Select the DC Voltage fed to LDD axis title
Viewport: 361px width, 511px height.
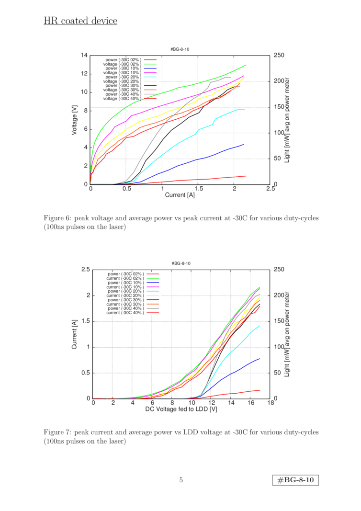[181, 409]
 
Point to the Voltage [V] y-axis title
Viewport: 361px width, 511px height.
[75, 120]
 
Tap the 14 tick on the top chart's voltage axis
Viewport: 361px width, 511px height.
[85, 56]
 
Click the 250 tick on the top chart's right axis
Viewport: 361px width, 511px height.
[279, 56]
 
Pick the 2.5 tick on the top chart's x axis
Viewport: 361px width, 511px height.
[271, 190]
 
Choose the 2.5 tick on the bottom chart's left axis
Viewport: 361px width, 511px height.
[86, 270]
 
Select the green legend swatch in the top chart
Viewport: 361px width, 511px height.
[150, 64]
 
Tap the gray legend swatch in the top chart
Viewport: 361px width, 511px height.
[150, 94]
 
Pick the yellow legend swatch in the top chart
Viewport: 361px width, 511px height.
[150, 81]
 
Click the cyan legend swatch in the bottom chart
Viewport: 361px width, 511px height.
[153, 291]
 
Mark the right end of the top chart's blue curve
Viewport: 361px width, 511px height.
[244, 144]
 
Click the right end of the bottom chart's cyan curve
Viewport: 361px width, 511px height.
[259, 326]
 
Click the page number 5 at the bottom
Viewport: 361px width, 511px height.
[180, 480]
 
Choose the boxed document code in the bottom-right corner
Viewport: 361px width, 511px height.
[295, 480]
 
